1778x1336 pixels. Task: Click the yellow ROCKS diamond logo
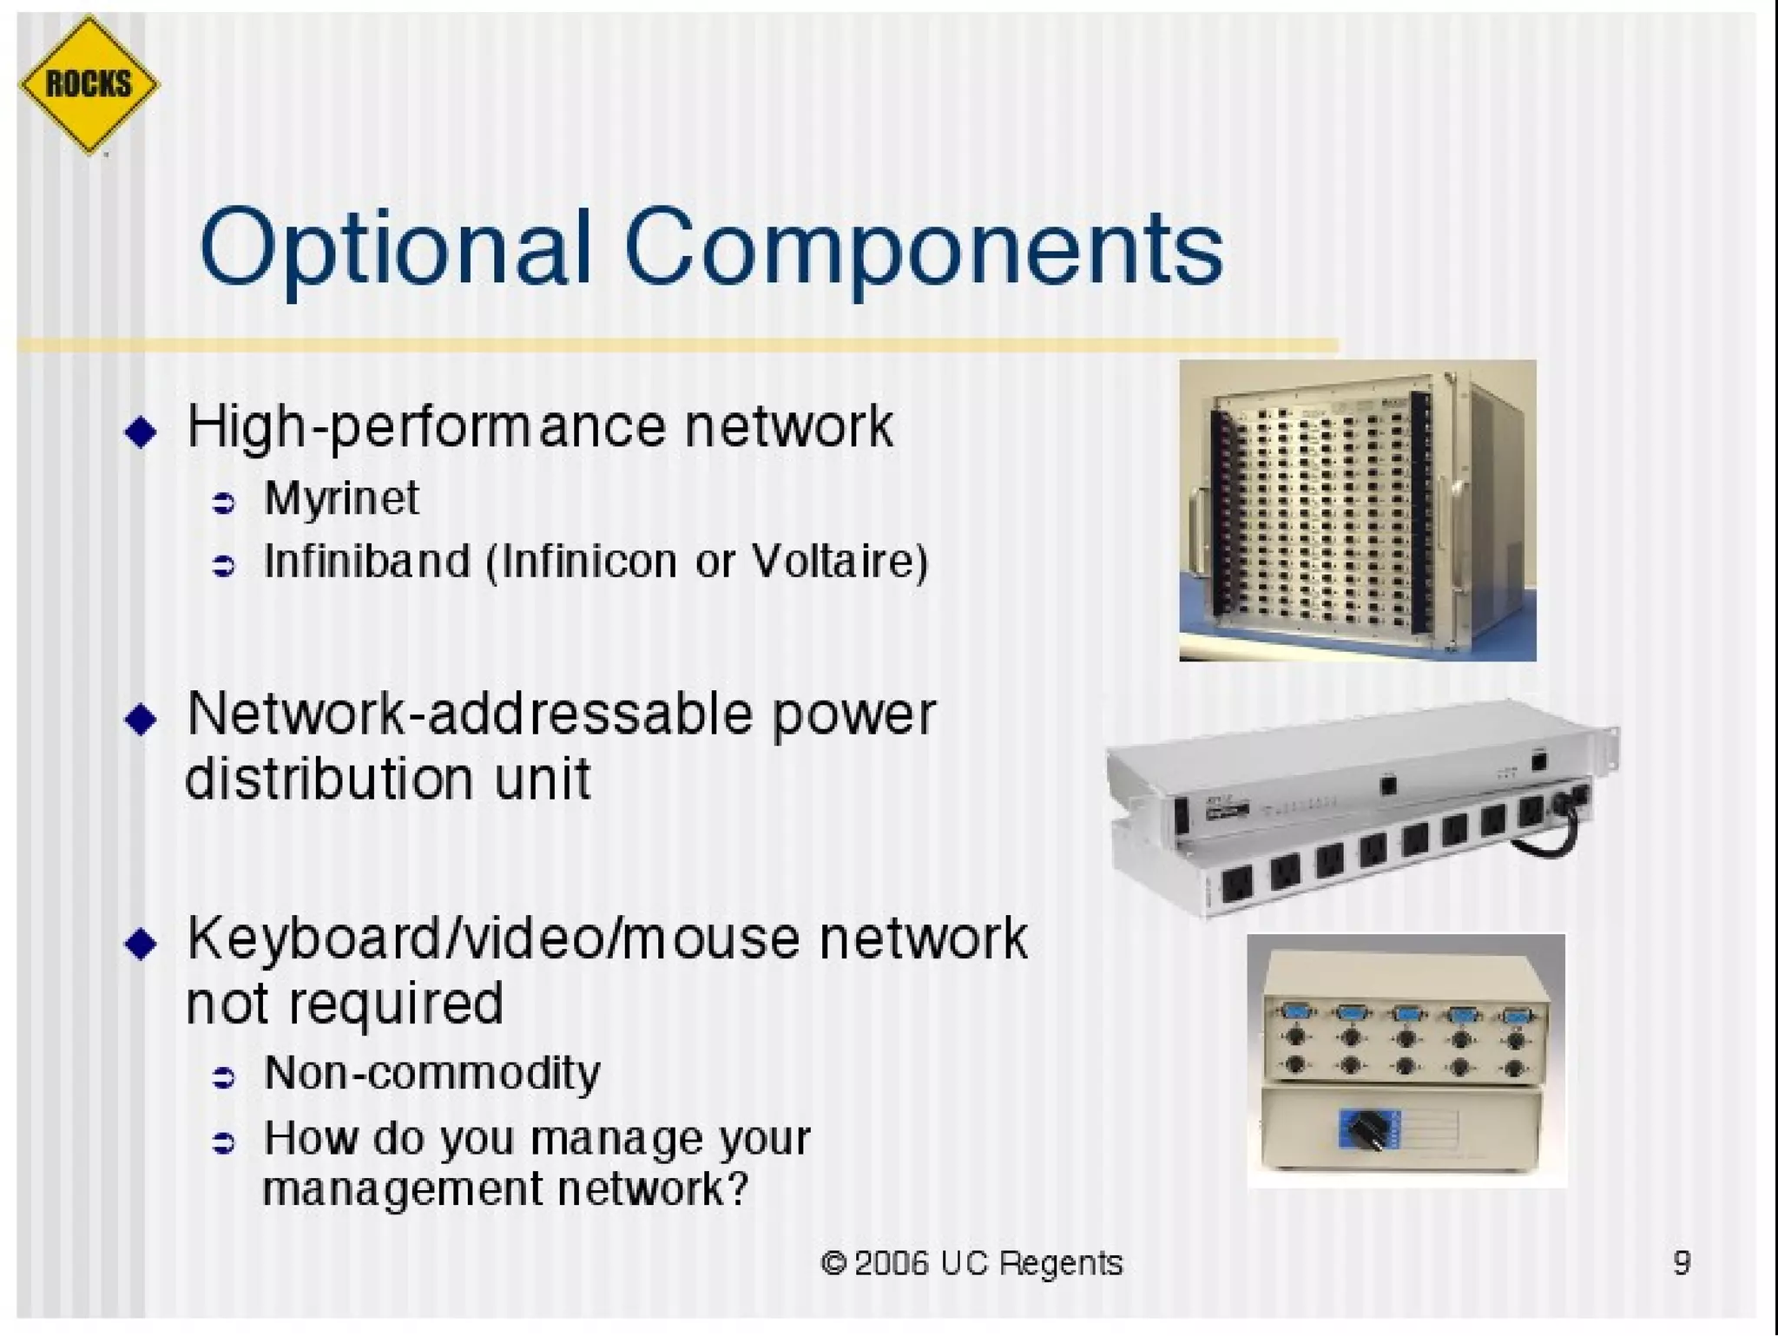tap(89, 85)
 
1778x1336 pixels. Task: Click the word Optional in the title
tap(395, 249)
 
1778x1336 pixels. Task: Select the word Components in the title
tap(923, 249)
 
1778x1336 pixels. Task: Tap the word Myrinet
tap(341, 498)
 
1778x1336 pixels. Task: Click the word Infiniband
tap(367, 561)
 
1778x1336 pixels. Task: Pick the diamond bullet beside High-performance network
tap(141, 431)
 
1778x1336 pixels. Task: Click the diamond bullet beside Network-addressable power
tap(141, 719)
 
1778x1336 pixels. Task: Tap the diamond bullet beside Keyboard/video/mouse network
tap(141, 944)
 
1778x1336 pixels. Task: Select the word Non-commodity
tap(431, 1074)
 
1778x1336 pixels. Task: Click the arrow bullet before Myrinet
tap(224, 503)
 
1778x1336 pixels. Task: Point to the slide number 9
tap(1682, 1262)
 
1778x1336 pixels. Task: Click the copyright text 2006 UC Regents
tap(971, 1263)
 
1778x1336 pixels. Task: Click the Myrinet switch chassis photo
tap(1357, 510)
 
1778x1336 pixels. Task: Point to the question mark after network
tap(736, 1188)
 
